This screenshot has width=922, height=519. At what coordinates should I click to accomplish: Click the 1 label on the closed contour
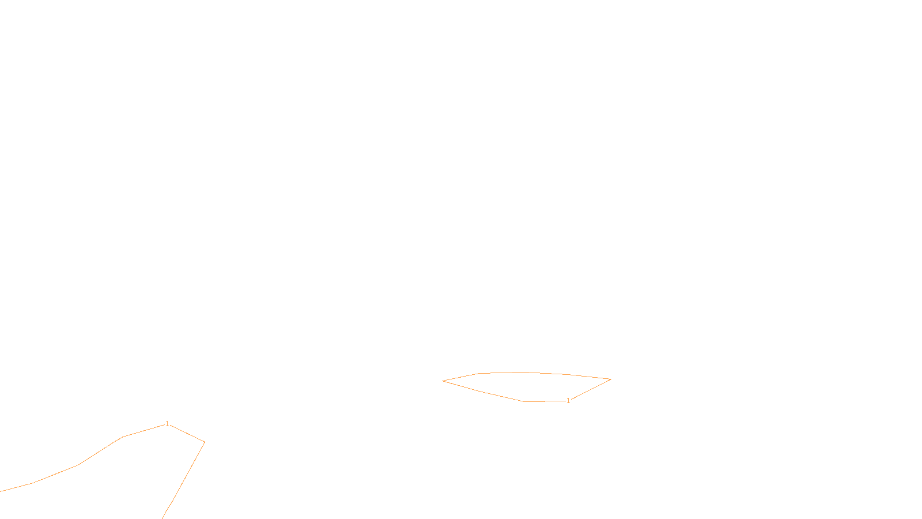coord(568,401)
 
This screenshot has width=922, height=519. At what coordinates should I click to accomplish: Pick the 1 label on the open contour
coord(167,424)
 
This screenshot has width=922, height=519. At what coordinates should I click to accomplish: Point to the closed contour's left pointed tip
coord(443,381)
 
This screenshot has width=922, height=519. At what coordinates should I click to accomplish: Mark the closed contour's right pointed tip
coord(610,379)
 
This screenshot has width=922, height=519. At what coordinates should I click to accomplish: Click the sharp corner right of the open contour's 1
coord(204,442)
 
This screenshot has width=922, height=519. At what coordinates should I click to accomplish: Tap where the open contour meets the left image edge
coord(1,491)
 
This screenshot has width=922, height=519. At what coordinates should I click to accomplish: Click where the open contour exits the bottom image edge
coord(163,517)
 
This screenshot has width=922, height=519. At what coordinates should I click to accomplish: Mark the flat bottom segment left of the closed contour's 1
coord(545,401)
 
